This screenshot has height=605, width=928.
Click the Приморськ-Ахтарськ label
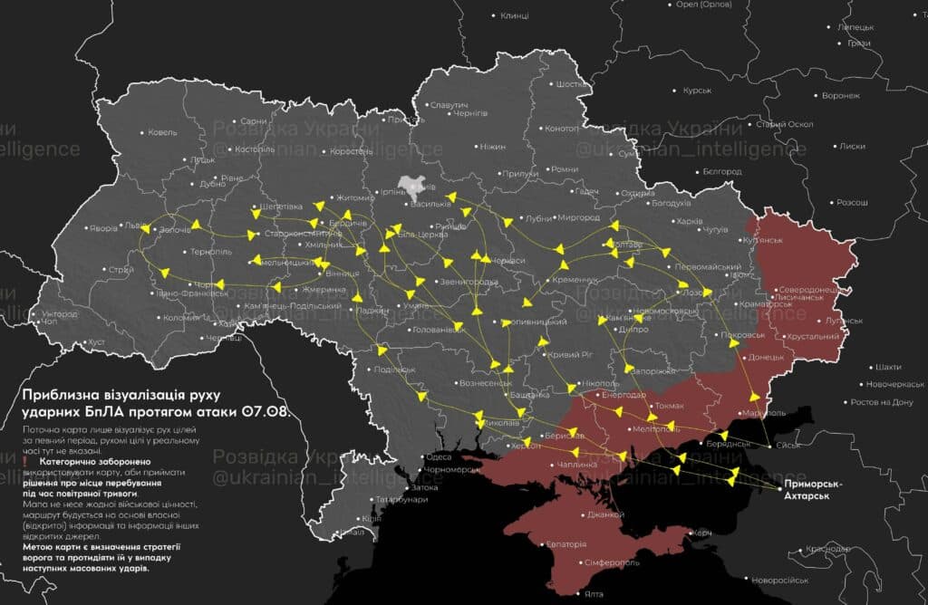[x=814, y=490]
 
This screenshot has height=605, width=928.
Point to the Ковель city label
[x=163, y=132]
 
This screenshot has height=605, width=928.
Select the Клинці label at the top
[x=515, y=15]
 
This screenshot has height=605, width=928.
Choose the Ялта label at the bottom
[x=594, y=594]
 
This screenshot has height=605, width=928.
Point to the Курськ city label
[x=697, y=91]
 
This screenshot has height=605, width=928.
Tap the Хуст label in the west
[x=96, y=342]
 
